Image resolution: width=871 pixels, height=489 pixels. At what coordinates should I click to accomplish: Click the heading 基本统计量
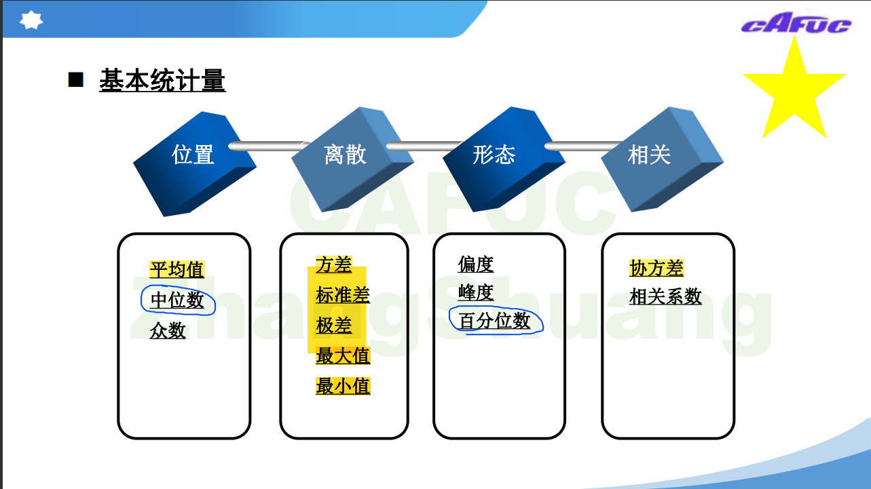162,81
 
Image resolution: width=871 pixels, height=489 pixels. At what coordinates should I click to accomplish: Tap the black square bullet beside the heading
75,80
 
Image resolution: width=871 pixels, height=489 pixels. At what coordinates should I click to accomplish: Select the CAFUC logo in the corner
796,25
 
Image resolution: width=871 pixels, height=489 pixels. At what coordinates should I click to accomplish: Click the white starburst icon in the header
31,20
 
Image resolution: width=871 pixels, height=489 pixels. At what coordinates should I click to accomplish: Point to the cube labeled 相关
656,157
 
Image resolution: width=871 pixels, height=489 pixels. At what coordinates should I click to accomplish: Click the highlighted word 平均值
177,270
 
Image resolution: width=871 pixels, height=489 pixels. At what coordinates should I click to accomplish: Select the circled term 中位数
177,300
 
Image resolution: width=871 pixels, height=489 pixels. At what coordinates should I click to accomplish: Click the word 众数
168,330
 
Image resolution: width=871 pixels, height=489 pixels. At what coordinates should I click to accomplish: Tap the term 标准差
343,295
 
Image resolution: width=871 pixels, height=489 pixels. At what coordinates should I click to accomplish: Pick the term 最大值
343,355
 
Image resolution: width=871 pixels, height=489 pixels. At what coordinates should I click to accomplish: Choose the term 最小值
343,386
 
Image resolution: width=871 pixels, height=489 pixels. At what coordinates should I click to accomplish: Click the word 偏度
476,264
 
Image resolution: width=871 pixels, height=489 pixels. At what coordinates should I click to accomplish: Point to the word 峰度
476,292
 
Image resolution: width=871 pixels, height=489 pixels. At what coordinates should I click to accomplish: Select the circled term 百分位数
495,321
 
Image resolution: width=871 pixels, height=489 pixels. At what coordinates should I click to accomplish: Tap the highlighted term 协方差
656,269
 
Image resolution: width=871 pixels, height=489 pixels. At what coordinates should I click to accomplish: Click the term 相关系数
665,296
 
